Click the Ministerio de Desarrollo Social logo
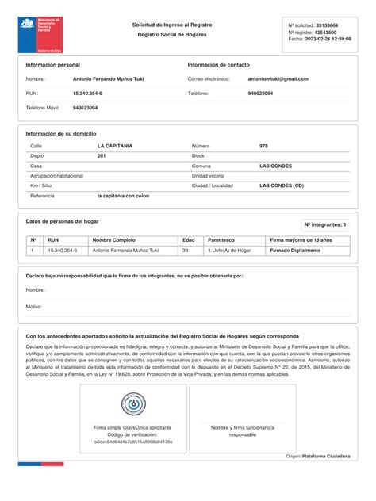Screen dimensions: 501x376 click(x=36, y=33)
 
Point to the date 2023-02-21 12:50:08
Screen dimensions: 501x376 click(x=328, y=38)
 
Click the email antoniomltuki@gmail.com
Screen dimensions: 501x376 click(x=278, y=78)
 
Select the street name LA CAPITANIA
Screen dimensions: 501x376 click(x=115, y=147)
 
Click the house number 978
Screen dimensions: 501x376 click(x=263, y=147)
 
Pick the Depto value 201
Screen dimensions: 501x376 click(x=102, y=156)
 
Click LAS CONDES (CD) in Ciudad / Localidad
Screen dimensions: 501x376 click(x=281, y=185)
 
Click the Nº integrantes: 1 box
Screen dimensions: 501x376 click(x=325, y=225)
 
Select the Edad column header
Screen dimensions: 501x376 click(x=188, y=239)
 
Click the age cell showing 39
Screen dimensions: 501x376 click(x=185, y=250)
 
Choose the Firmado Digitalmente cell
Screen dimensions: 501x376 click(x=296, y=250)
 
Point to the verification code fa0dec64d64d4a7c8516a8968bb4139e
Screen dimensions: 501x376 click(x=133, y=442)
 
